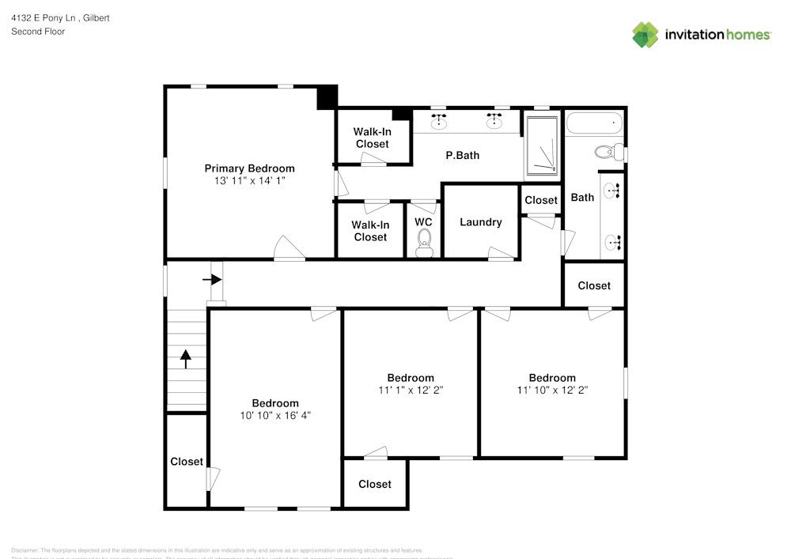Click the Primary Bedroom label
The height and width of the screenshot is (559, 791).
(249, 168)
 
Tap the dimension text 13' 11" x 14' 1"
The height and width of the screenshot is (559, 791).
(249, 181)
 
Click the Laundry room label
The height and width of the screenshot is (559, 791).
(481, 222)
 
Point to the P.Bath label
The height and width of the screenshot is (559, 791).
(463, 156)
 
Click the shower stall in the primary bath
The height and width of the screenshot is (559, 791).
(543, 148)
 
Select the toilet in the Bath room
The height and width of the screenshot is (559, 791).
(607, 152)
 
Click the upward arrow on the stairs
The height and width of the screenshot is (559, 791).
(186, 360)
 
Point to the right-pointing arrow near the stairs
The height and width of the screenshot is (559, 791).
(212, 279)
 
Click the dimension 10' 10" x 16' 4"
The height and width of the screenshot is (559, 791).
(275, 415)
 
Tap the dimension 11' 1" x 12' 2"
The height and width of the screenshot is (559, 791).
(410, 390)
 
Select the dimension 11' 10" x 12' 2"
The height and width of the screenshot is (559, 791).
(552, 390)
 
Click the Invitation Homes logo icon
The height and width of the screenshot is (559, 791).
(645, 34)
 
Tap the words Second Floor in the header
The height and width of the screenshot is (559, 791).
(38, 32)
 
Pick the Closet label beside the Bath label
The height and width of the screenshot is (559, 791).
(541, 200)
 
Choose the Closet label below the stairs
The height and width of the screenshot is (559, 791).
(187, 461)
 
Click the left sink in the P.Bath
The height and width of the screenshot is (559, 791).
(438, 121)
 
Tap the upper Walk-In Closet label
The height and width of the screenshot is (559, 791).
(372, 138)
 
